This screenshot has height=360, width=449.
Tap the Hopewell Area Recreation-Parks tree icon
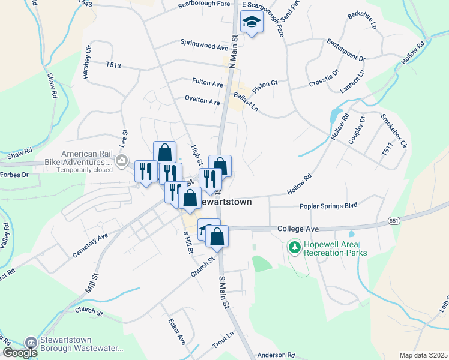point(294,247)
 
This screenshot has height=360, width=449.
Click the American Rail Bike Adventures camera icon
point(122,160)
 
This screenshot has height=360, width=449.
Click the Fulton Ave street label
point(208,84)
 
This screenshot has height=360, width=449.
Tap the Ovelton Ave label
point(202,101)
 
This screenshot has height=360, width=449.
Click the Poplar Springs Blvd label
point(328,206)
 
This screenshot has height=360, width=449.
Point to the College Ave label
point(297,229)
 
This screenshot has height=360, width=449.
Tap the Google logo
point(20,353)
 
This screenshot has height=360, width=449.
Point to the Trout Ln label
point(222,342)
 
